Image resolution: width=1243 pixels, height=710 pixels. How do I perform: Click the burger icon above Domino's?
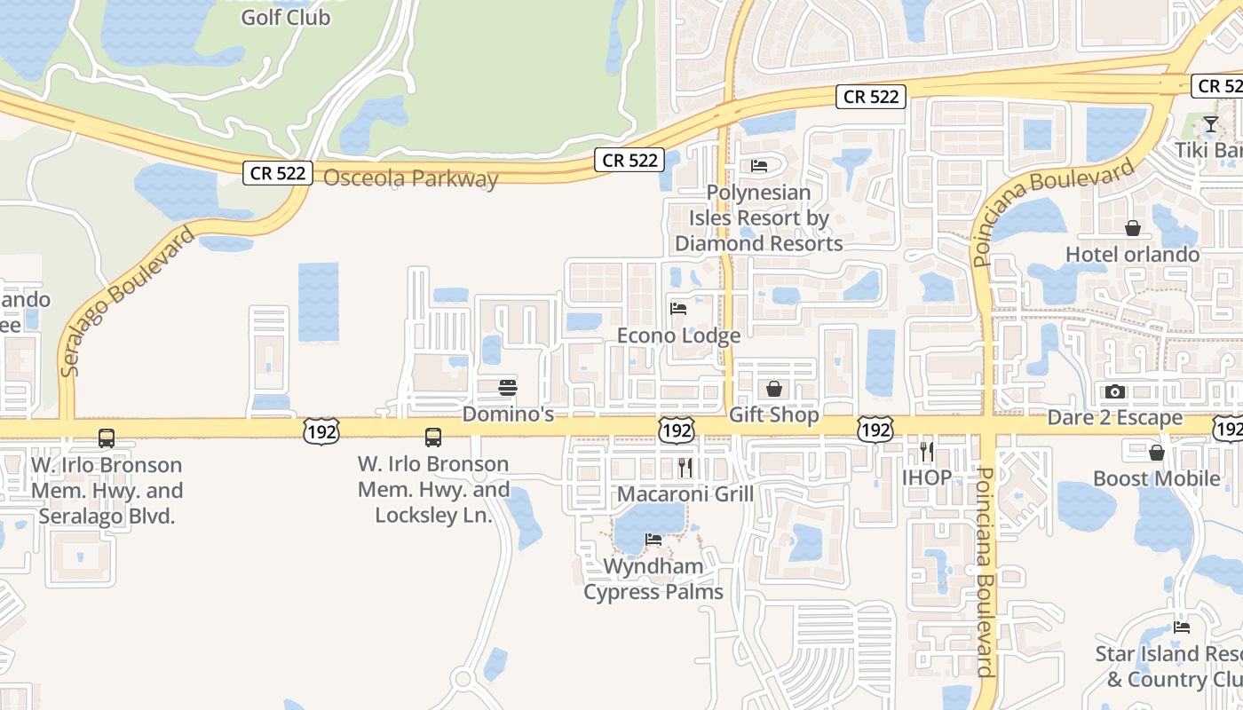[508, 388]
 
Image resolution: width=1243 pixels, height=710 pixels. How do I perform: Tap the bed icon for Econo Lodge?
[678, 309]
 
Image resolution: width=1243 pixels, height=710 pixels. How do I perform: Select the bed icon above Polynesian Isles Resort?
[759, 165]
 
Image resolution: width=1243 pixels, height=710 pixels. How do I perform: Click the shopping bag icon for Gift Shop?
[774, 389]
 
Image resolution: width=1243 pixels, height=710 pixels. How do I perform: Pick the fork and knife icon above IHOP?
[927, 452]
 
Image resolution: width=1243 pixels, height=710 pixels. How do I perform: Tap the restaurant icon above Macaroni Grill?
[685, 468]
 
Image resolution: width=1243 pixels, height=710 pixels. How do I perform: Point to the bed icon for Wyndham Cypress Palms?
[653, 539]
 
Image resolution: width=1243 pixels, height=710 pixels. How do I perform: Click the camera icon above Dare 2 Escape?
[1115, 391]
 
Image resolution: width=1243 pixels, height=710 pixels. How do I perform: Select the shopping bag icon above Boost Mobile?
[1157, 453]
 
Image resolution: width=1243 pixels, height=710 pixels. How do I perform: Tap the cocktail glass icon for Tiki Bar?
[1211, 123]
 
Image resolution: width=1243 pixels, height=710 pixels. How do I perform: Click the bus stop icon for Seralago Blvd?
[107, 438]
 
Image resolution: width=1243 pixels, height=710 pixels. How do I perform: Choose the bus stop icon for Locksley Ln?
[433, 437]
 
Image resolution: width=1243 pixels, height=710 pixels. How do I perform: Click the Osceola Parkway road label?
[410, 177]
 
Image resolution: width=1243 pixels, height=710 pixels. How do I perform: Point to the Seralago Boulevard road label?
[128, 302]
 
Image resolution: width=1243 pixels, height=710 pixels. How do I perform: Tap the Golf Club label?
[286, 17]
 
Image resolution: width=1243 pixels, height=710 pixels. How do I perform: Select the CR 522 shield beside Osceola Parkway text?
[278, 172]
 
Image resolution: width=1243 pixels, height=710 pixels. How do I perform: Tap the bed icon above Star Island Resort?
[1182, 627]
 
